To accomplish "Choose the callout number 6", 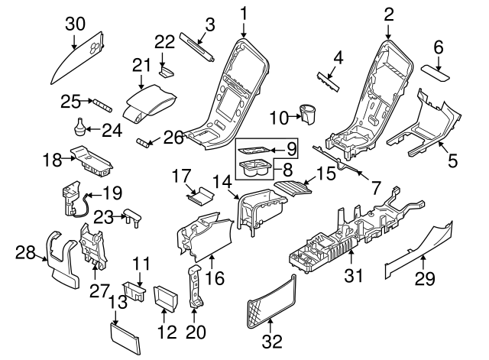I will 439,48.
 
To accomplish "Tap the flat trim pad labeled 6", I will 439,73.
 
